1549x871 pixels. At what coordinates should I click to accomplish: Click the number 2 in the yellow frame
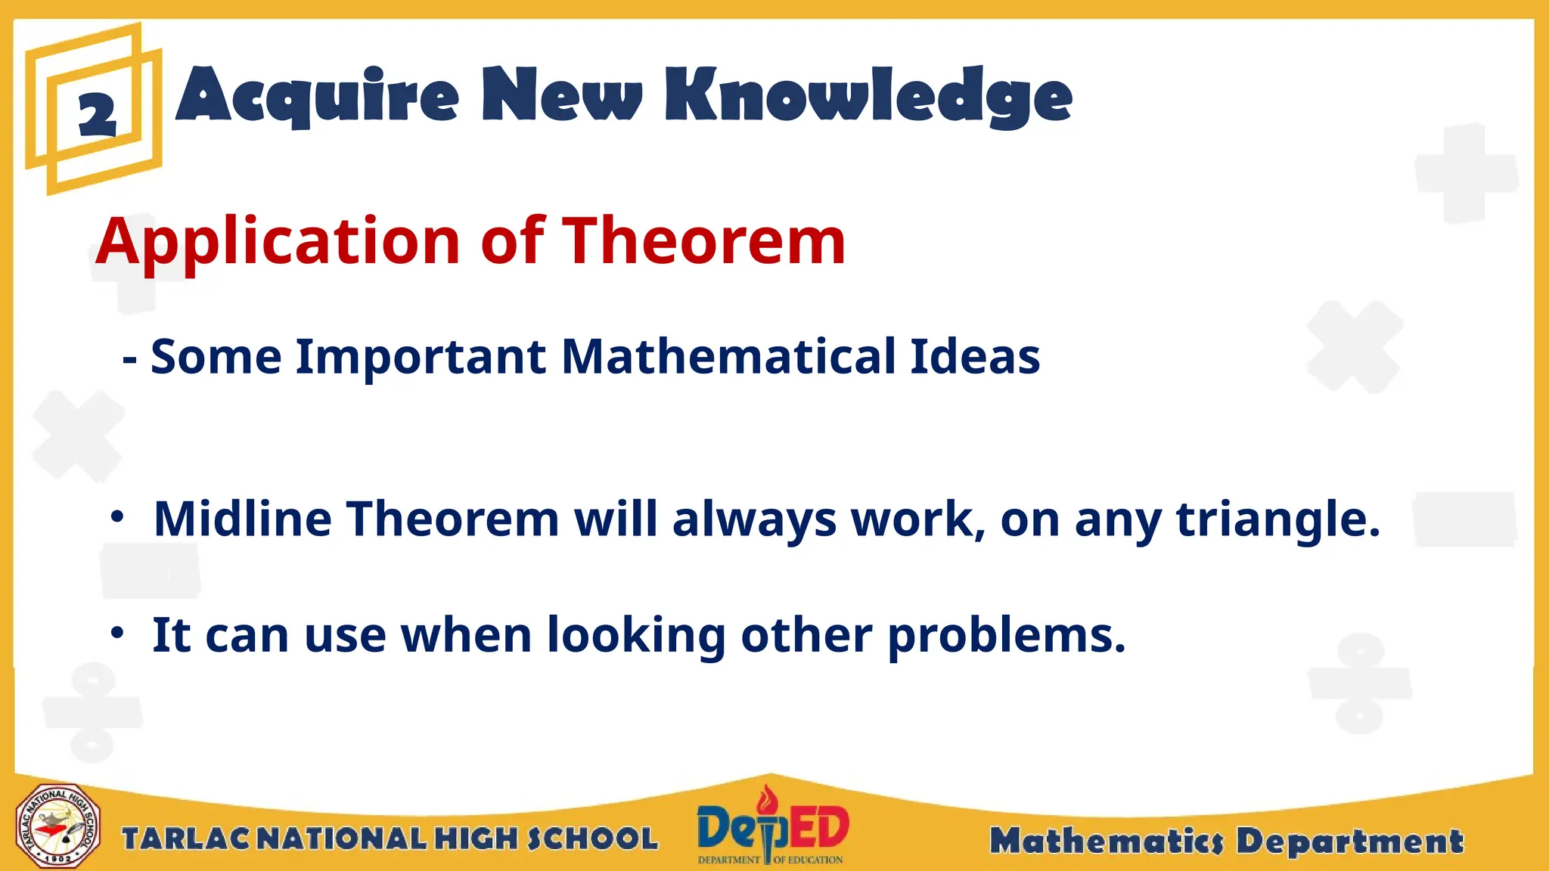[x=98, y=115]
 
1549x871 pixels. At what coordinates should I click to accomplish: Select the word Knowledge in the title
[x=868, y=96]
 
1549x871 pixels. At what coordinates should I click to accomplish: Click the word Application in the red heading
[x=278, y=242]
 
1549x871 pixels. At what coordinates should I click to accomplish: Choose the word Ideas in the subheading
[x=975, y=356]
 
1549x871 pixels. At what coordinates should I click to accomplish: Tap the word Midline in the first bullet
[x=242, y=519]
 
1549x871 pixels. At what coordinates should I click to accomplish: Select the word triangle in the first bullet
[x=1277, y=520]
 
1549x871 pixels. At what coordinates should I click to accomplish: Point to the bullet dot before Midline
[x=116, y=517]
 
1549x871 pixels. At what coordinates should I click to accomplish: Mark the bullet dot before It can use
[x=116, y=632]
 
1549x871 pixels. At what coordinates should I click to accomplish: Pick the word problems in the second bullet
[x=1006, y=636]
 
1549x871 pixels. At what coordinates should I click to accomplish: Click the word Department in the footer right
[x=1350, y=841]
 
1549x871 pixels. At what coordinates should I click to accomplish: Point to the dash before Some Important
[x=129, y=358]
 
